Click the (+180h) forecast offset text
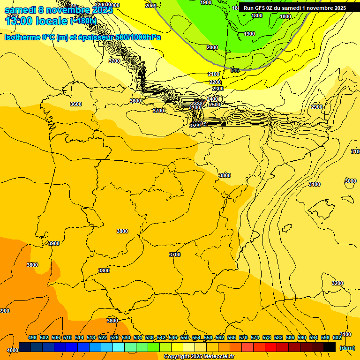coord(83,21)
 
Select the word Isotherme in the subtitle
coord(22,37)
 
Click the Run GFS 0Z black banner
coord(295,8)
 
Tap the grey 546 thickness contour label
coord(235,70)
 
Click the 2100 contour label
coord(214,75)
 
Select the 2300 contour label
coord(217,89)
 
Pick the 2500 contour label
coord(214,105)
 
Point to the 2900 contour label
coord(317,107)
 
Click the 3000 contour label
coord(350,181)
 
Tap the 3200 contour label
coord(337,283)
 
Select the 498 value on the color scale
coord(32,337)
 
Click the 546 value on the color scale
coord(173,337)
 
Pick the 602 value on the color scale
coord(337,337)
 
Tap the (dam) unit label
coord(347,348)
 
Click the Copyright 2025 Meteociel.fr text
coord(199,357)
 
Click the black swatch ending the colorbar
coord(330,347)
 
